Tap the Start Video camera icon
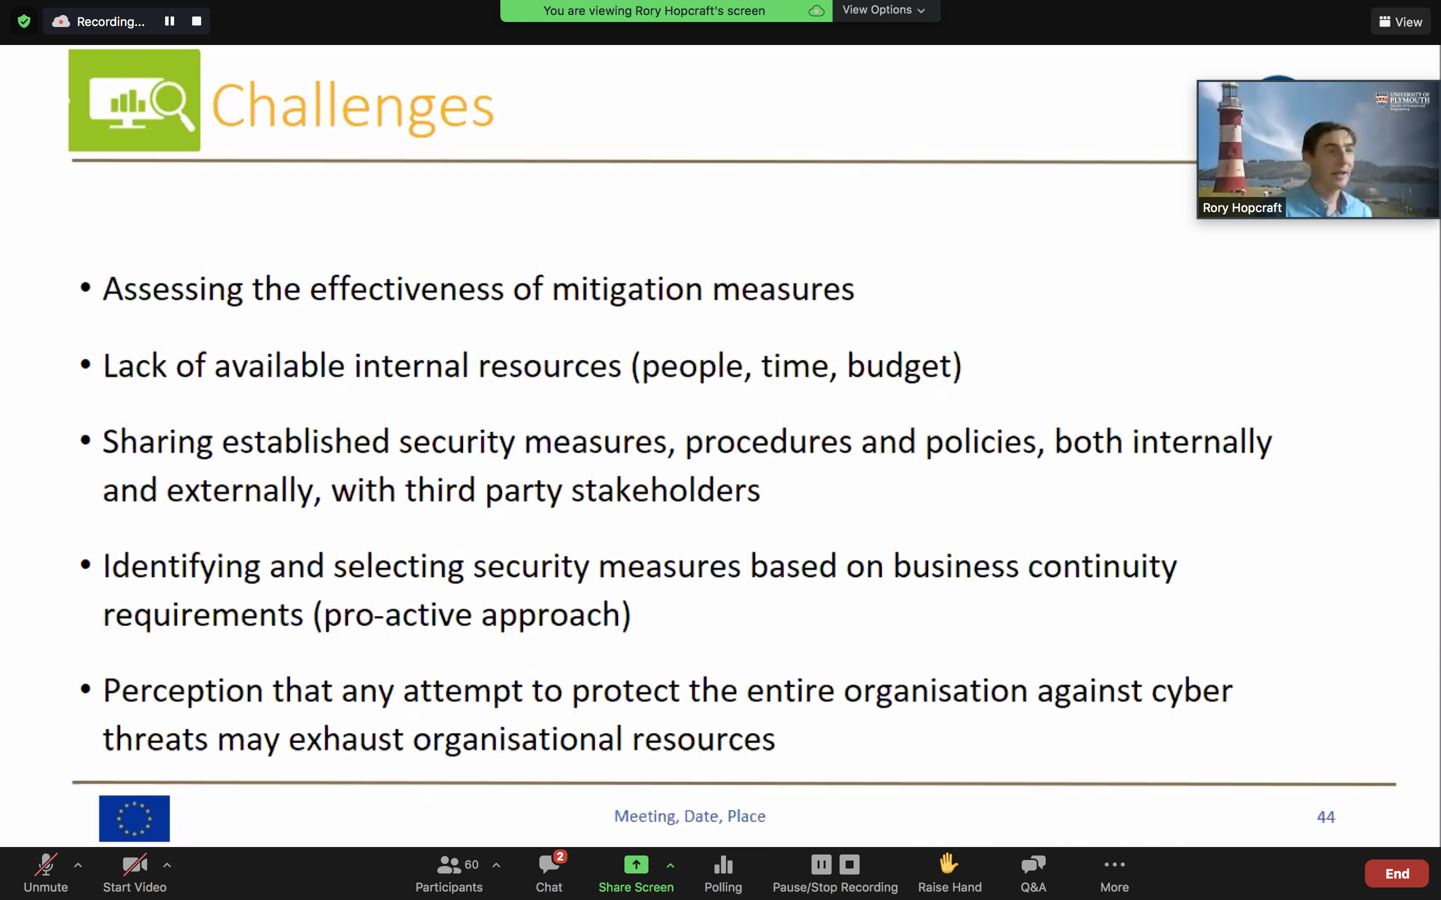135,865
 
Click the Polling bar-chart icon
723,864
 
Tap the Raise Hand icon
949,863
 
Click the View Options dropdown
884,10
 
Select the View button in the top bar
1400,22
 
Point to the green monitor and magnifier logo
135,100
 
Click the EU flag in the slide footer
135,818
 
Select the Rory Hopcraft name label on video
1242,207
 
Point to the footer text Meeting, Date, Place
689,816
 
